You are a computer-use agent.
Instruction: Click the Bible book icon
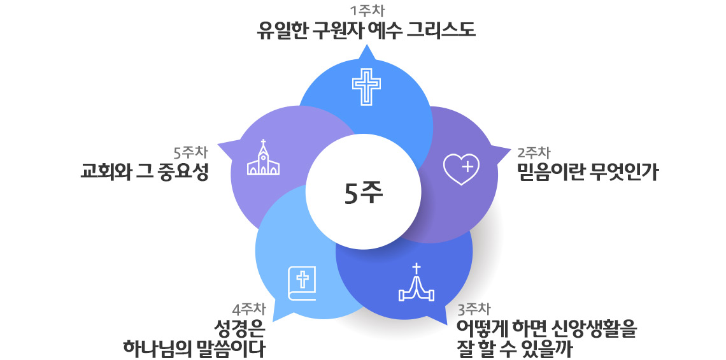pyautogui.click(x=302, y=283)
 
